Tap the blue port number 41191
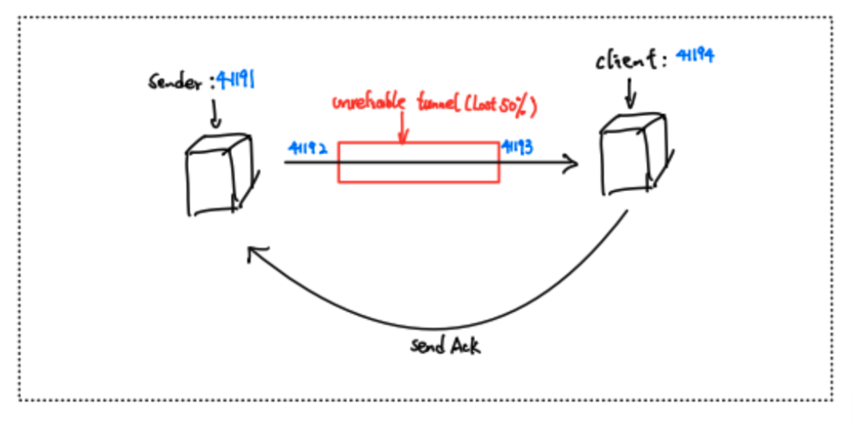[x=234, y=78]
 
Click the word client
[x=626, y=60]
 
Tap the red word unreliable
[x=367, y=103]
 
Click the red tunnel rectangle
[x=418, y=174]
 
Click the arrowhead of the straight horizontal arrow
[x=572, y=163]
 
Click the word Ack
[x=464, y=346]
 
